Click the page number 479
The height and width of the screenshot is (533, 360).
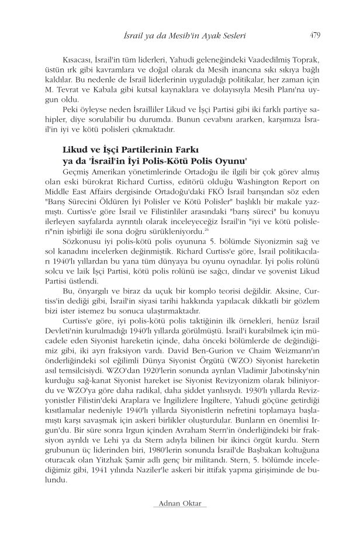pyautogui.click(x=314, y=34)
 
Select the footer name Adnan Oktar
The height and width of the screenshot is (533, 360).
pyautogui.click(x=179, y=503)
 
